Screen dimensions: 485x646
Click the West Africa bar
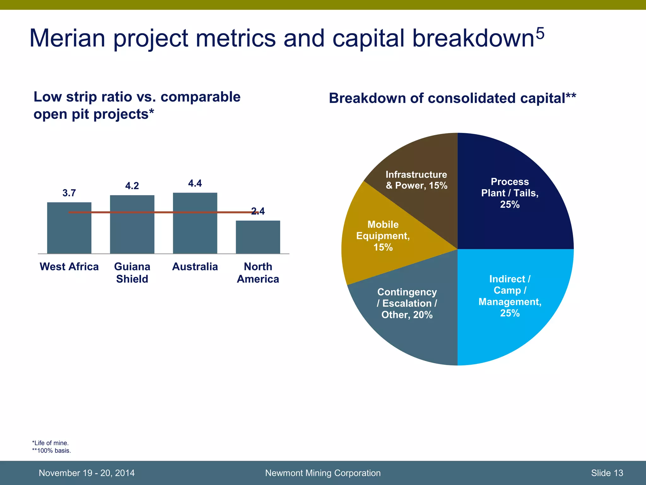click(69, 234)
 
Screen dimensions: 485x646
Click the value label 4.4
click(195, 183)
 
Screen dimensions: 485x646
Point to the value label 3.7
click(69, 193)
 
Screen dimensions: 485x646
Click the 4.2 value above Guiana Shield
click(132, 186)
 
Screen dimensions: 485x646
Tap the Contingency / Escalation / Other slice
click(410, 335)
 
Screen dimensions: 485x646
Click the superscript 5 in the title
click(540, 33)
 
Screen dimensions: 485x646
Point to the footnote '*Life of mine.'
click(50, 443)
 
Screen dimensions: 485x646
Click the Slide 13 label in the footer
click(607, 473)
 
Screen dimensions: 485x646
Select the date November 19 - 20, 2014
click(86, 473)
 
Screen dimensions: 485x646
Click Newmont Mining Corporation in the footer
click(323, 473)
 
